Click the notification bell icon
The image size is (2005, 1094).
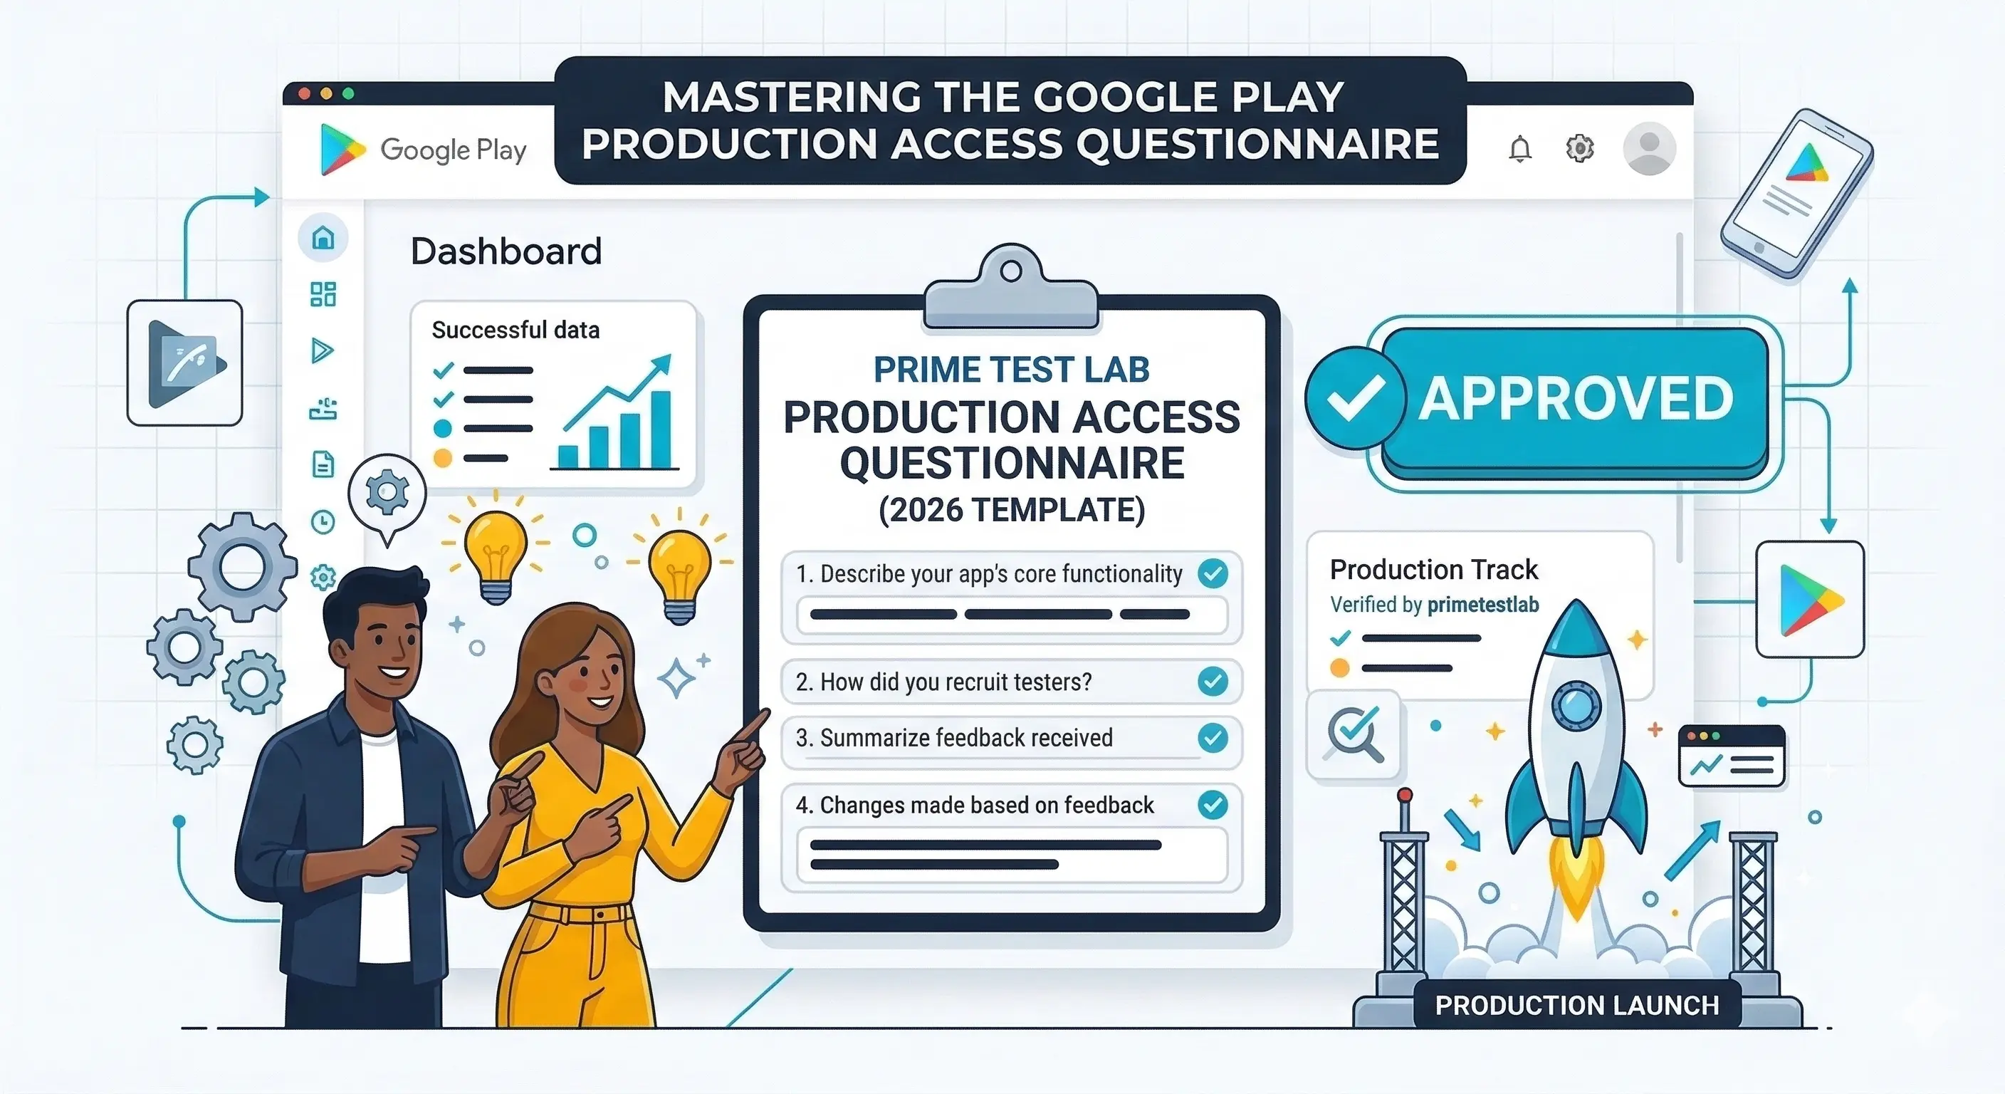click(1519, 149)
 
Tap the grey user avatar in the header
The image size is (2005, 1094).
click(1648, 148)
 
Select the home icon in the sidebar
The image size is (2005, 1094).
click(323, 237)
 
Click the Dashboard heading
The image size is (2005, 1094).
click(506, 251)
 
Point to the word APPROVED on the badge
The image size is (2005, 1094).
click(1576, 399)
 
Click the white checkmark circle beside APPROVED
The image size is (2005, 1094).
click(1355, 398)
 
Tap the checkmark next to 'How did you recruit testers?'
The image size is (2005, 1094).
click(1212, 682)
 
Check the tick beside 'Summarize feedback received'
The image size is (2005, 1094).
click(1212, 737)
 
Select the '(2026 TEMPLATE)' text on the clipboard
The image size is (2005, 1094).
click(1011, 510)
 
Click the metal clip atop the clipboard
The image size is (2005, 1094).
click(1010, 288)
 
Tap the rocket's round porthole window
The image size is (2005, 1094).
click(1576, 705)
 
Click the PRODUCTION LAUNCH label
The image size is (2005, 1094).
click(1576, 1005)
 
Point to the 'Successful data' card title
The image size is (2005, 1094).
click(515, 330)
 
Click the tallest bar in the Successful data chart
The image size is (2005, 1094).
click(660, 429)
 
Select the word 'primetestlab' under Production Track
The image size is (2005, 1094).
click(1482, 605)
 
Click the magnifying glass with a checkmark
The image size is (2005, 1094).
click(1354, 734)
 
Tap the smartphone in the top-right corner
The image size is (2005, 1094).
click(1796, 193)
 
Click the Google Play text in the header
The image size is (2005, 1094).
click(453, 150)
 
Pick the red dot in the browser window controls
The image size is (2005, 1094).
click(304, 93)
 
